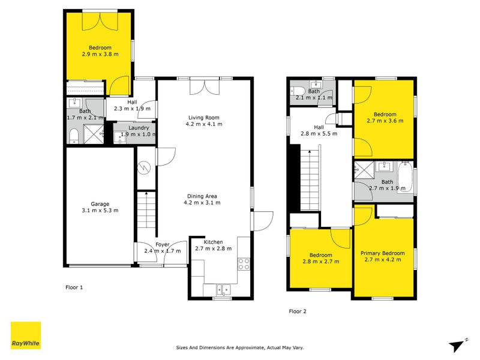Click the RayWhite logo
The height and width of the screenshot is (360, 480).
coord(26,335)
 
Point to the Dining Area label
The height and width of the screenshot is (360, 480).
coord(203,196)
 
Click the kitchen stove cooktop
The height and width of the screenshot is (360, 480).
coord(244,263)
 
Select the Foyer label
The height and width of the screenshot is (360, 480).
coord(163,244)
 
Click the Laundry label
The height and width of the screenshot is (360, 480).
coord(139,127)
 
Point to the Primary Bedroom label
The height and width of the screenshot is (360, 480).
coord(382,253)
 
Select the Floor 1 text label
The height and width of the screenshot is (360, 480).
coord(74,287)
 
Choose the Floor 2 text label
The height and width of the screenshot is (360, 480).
coord(298,311)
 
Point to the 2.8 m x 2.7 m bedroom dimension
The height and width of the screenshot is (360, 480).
coord(320,261)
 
